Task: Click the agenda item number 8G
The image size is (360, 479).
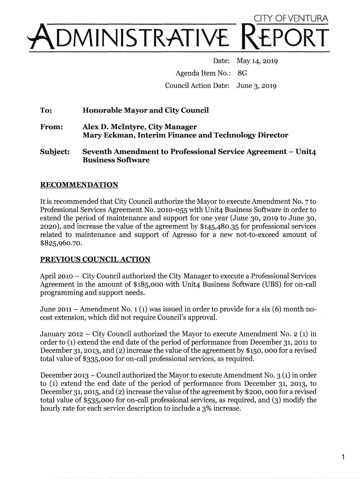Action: click(x=242, y=73)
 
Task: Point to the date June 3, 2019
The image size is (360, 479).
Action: click(x=258, y=86)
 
